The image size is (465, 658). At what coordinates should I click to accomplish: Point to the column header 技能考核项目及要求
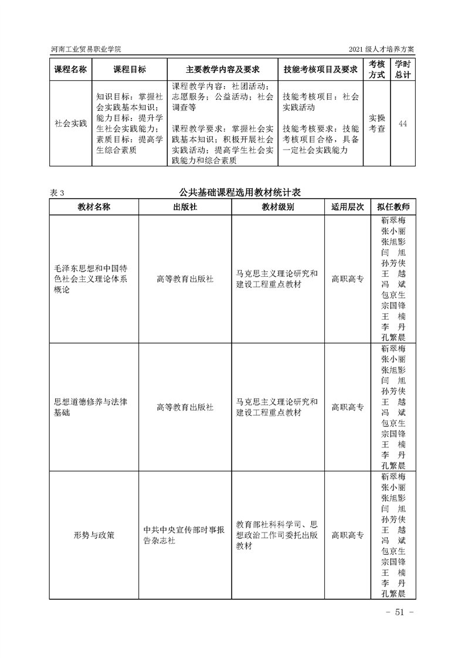[320, 69]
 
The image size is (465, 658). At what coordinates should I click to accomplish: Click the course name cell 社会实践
[70, 124]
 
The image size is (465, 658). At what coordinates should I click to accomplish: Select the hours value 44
[403, 124]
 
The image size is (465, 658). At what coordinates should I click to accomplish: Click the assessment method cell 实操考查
[377, 124]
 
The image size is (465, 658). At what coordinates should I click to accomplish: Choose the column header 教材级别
[278, 207]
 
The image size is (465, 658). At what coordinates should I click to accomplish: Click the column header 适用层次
[348, 207]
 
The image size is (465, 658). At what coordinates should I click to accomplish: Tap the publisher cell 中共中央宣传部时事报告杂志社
[185, 535]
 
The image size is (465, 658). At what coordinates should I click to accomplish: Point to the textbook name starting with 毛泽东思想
[90, 279]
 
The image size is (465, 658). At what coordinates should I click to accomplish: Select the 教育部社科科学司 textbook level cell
[277, 535]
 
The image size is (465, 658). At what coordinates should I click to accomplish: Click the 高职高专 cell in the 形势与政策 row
[348, 535]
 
